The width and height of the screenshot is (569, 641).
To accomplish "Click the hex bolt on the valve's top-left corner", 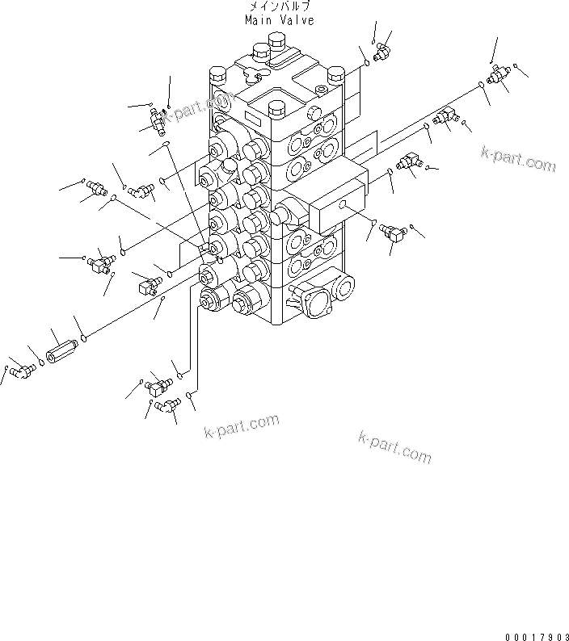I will (x=216, y=78).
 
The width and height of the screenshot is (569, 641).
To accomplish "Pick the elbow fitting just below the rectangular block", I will (x=394, y=232).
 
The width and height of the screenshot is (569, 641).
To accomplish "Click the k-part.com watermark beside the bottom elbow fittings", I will (x=241, y=425).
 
